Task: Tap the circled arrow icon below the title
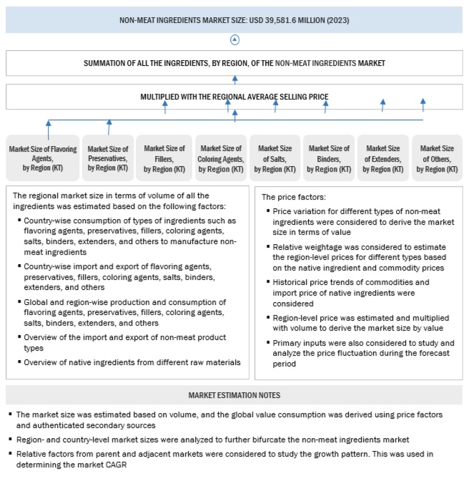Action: (235, 40)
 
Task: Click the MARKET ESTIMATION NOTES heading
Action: (234, 395)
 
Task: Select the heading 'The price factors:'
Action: (292, 196)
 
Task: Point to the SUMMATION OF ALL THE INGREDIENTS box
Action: (234, 63)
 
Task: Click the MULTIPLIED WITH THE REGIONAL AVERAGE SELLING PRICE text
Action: (234, 94)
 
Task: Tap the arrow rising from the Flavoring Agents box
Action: (49, 129)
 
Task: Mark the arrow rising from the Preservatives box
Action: (109, 127)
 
